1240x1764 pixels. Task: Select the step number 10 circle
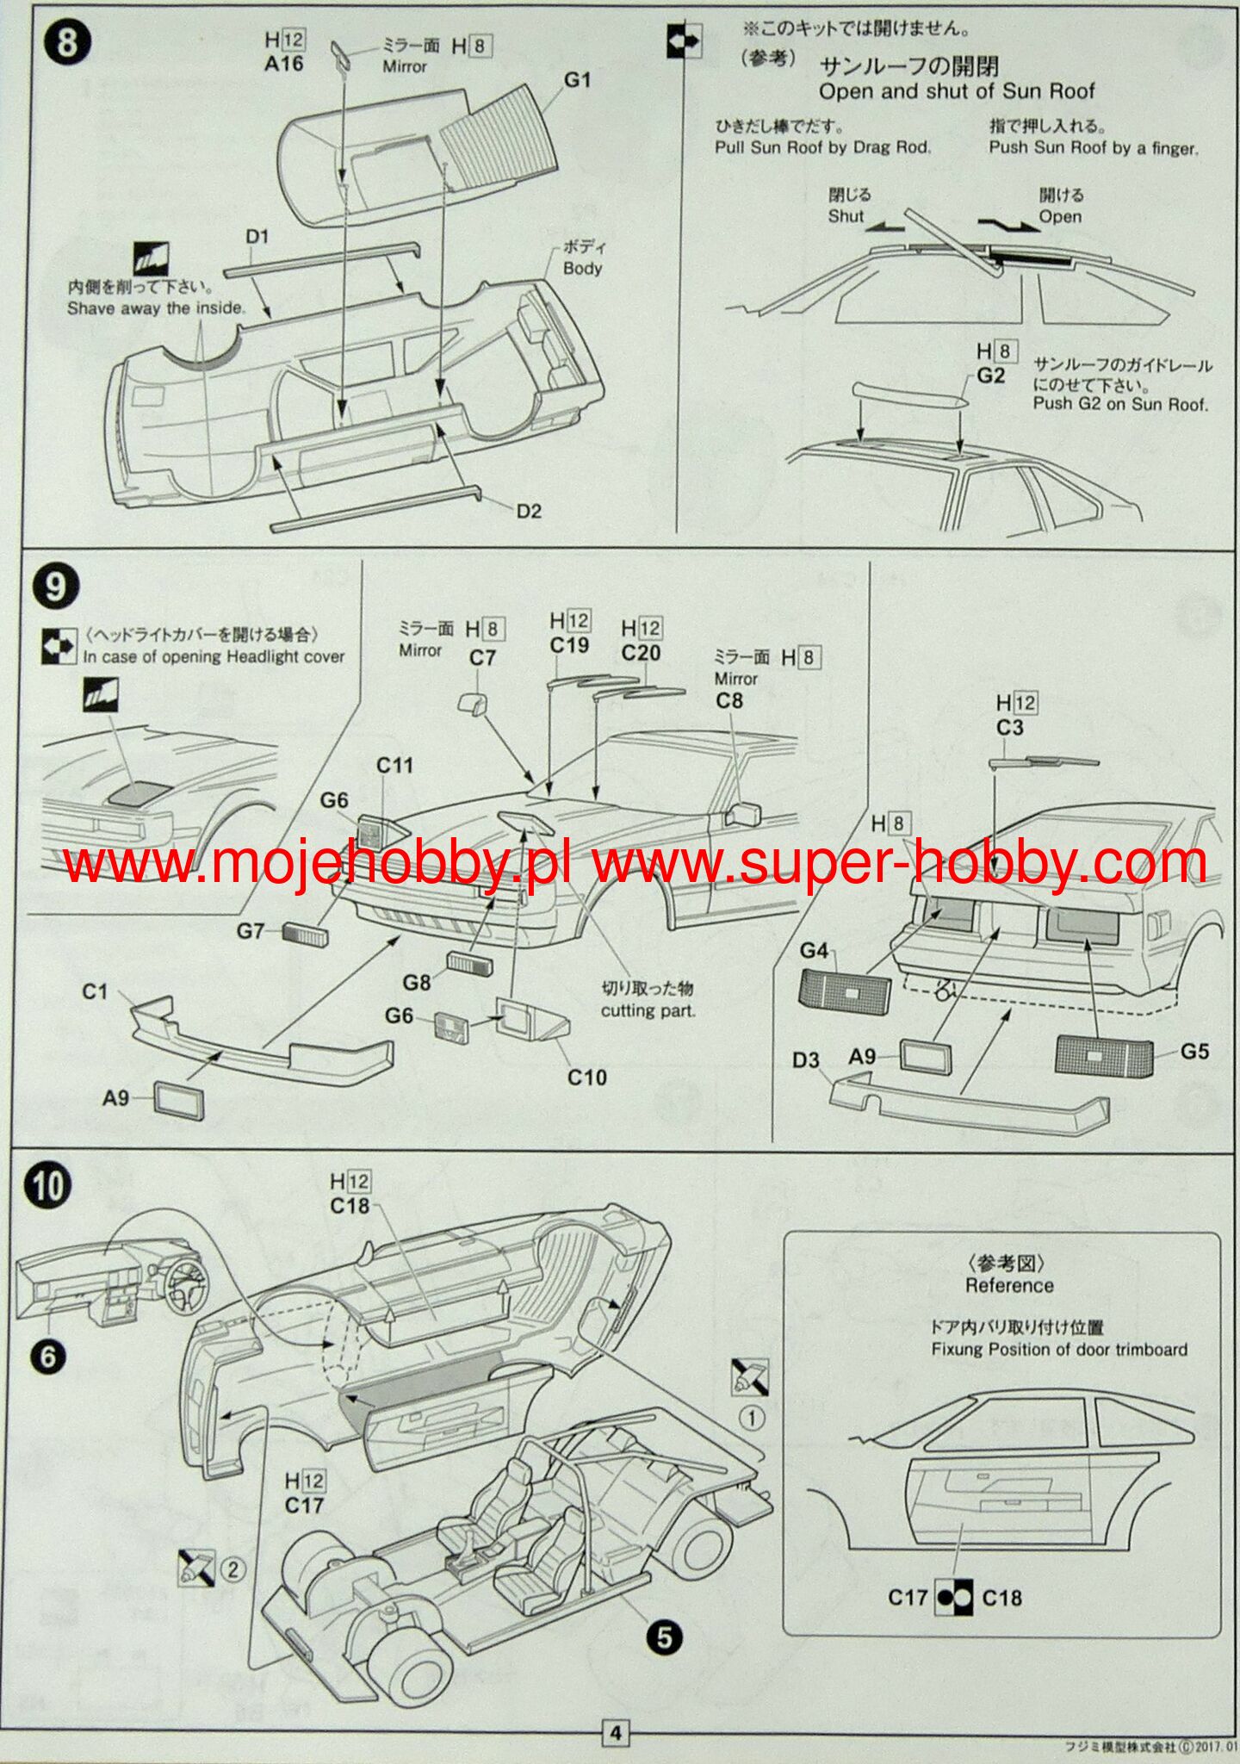49,1186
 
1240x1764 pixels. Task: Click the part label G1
577,80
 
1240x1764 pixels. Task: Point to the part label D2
529,512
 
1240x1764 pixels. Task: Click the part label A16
283,64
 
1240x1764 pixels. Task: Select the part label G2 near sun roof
990,376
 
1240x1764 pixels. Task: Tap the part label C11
394,765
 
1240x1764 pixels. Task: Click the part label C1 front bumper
95,991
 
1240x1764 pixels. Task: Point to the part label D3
806,1060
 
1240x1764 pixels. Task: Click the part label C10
586,1077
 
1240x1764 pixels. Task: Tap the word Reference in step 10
1009,1285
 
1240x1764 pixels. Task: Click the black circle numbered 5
664,1637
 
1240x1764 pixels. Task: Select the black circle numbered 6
48,1357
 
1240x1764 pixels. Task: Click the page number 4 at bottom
615,1733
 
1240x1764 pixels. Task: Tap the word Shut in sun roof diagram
845,216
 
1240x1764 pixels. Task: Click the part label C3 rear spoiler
1009,728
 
